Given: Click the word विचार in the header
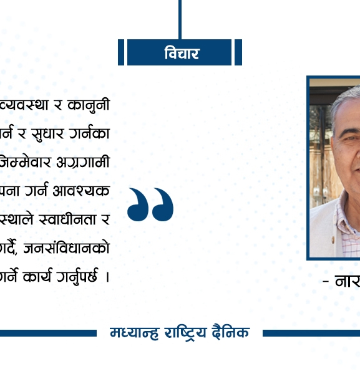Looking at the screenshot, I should pos(182,53).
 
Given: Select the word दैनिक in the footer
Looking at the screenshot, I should pos(230,333).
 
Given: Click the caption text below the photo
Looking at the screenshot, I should pos(341,282).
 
